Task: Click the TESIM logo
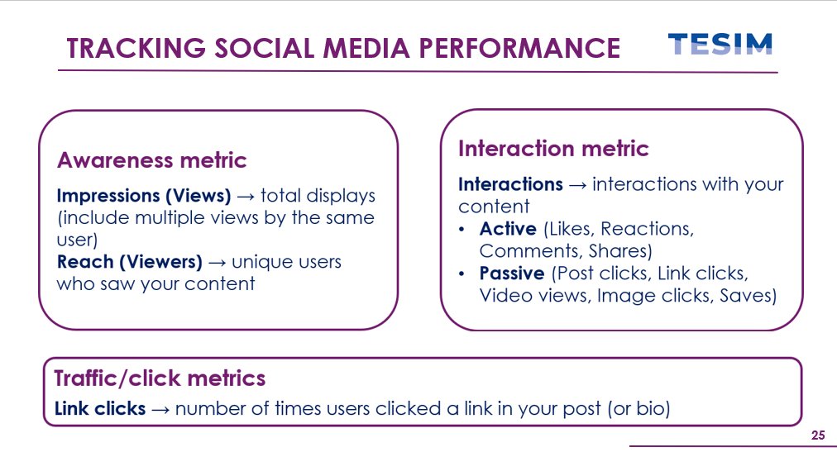(720, 45)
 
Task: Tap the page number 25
(818, 435)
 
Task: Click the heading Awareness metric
(151, 159)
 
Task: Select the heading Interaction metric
(553, 149)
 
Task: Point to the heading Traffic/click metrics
(160, 378)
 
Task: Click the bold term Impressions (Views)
(144, 196)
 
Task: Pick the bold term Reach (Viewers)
(129, 262)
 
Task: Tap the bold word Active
(508, 229)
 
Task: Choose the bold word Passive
(512, 273)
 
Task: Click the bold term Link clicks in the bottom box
(100, 408)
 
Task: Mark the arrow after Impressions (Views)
(246, 197)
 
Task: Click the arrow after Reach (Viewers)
(217, 263)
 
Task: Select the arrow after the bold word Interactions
(577, 185)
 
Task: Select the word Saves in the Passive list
(749, 295)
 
